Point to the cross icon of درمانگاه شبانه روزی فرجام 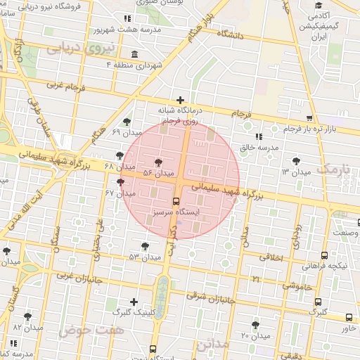click(x=181, y=101)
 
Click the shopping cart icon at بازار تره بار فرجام click(x=309, y=118)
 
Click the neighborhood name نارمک click(x=333, y=169)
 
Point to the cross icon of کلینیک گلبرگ click(x=134, y=302)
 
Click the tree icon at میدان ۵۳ click(x=145, y=246)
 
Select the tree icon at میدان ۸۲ click(x=28, y=316)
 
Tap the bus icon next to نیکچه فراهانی click(x=324, y=256)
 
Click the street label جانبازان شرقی click(x=210, y=298)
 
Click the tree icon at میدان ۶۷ click(x=121, y=182)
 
